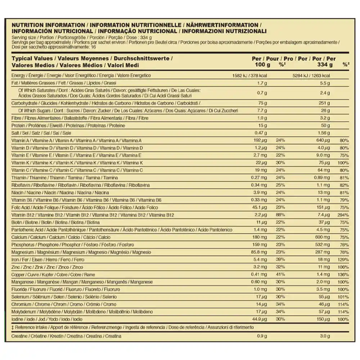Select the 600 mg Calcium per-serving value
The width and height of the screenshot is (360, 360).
coord(323,237)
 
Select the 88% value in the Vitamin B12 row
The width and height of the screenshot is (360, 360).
coord(280,215)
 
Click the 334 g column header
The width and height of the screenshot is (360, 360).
coord(325,65)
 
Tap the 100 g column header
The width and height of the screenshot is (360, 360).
coord(262,65)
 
